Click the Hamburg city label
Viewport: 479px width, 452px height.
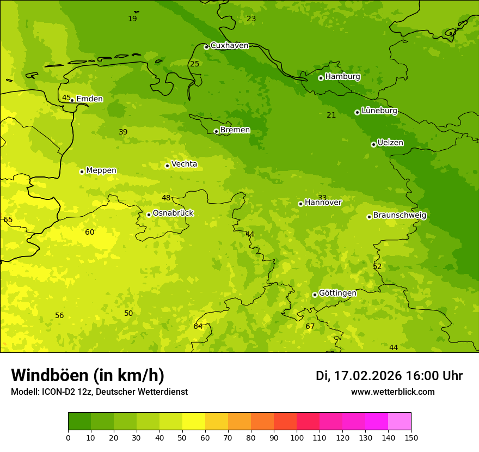click(x=342, y=77)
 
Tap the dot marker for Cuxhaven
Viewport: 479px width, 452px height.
click(x=206, y=47)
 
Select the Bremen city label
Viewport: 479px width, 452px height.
click(x=235, y=130)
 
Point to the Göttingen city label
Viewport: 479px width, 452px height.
click(x=337, y=293)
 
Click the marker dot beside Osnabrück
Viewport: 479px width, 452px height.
click(x=149, y=215)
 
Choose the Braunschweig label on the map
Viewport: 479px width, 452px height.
click(x=400, y=215)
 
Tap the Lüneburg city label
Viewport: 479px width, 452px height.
click(x=379, y=111)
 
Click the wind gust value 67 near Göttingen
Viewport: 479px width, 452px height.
click(x=310, y=327)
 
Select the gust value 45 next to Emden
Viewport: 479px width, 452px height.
click(x=66, y=98)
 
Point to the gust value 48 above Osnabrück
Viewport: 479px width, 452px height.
click(x=166, y=198)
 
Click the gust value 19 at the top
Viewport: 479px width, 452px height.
click(x=132, y=19)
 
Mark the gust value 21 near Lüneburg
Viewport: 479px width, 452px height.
click(x=331, y=115)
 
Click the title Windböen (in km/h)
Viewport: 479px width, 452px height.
click(x=88, y=375)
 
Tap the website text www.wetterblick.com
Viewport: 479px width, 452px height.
click(x=392, y=392)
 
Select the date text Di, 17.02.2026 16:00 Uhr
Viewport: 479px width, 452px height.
click(x=389, y=376)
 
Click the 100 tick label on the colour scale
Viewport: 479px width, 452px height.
click(x=297, y=437)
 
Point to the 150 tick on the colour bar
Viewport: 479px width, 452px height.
click(x=411, y=437)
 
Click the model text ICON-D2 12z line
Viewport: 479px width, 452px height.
click(x=99, y=392)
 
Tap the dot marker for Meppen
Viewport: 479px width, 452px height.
click(x=82, y=172)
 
